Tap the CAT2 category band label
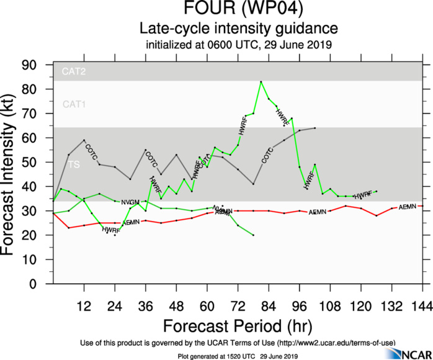(x=73, y=72)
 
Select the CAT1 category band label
(x=73, y=104)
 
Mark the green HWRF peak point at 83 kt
(x=261, y=82)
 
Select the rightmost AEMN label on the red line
(x=408, y=207)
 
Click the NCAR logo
(x=406, y=353)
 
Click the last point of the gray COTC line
(x=315, y=128)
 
